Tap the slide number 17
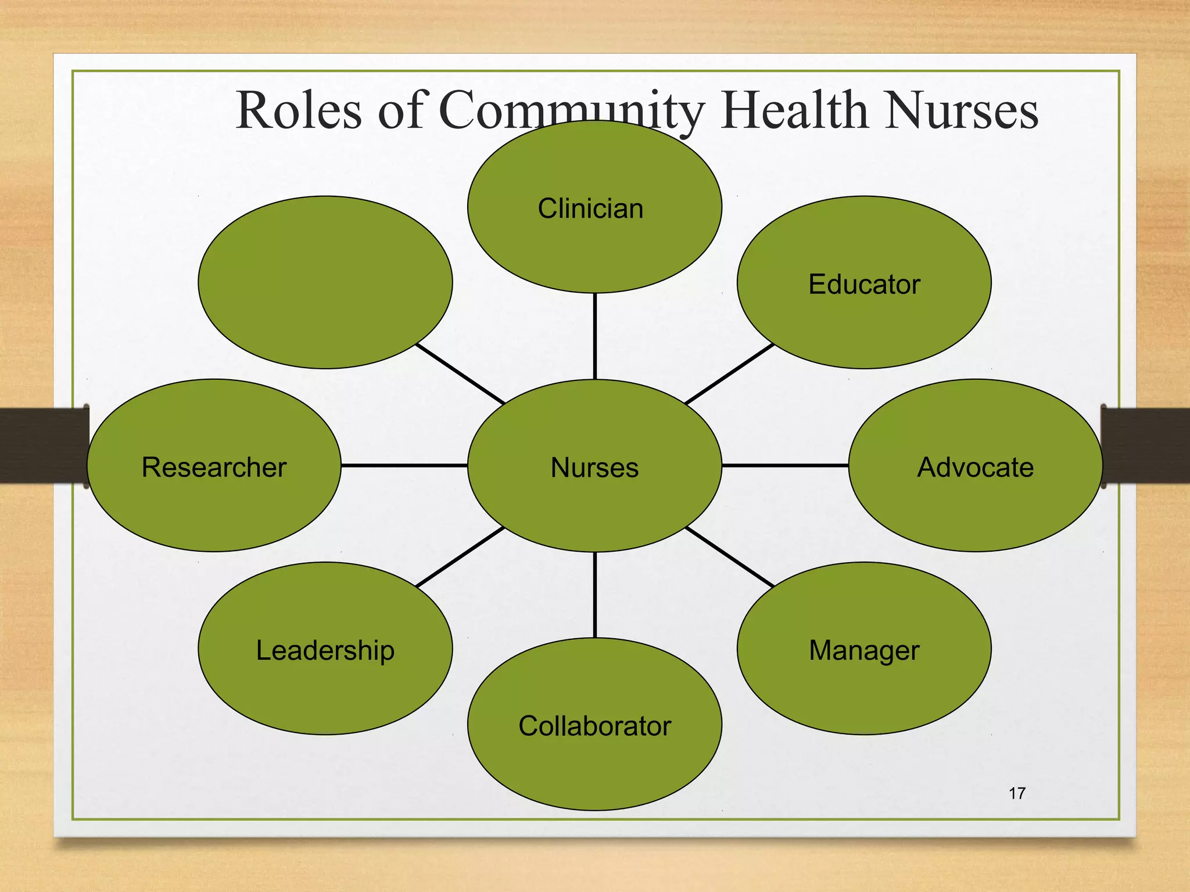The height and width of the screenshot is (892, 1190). (1017, 793)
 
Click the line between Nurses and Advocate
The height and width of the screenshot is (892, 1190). (784, 465)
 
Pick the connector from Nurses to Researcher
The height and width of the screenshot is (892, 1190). (404, 465)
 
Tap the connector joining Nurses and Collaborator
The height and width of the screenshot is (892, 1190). (594, 595)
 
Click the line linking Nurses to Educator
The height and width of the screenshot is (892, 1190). (730, 373)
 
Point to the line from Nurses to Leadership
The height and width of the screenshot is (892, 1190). (460, 556)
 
